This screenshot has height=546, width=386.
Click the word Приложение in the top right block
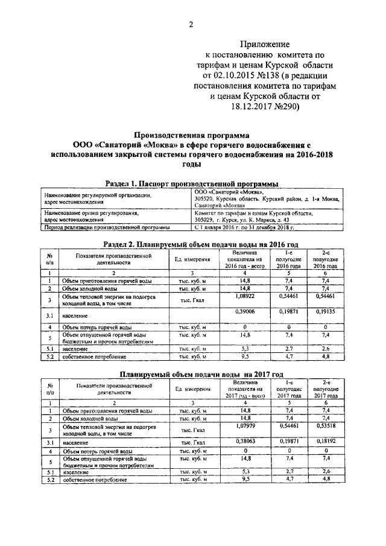(265, 44)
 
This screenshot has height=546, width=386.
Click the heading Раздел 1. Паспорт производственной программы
(191, 183)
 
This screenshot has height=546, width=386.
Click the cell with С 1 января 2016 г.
(244, 227)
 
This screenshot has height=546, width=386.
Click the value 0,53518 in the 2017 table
(326, 427)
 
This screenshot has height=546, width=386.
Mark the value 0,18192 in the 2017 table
(326, 441)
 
